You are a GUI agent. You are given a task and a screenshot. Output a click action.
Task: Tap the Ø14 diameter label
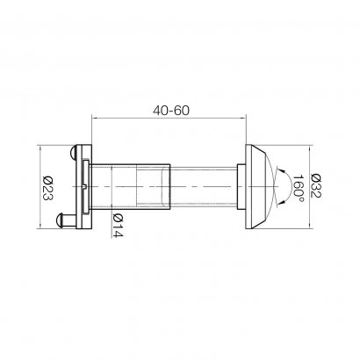coord(116,225)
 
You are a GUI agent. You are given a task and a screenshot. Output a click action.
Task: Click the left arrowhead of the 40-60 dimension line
coord(95,120)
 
